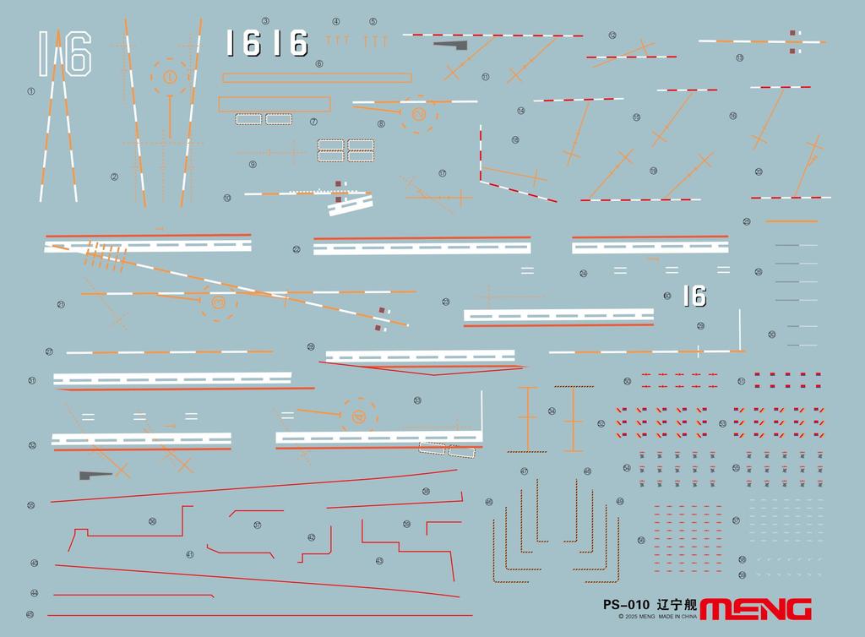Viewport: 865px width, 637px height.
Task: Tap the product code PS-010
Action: click(626, 605)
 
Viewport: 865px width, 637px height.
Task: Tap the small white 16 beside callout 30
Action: click(694, 296)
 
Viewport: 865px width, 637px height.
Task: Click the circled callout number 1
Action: click(31, 91)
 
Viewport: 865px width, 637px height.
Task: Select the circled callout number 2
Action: click(114, 177)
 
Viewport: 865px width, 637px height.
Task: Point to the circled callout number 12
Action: click(612, 35)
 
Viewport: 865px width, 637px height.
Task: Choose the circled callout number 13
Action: click(739, 58)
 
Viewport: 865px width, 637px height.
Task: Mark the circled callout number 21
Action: click(61, 304)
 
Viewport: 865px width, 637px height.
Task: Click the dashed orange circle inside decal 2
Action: click(170, 77)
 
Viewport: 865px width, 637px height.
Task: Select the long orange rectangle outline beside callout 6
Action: click(317, 78)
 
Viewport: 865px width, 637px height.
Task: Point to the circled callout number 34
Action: click(552, 411)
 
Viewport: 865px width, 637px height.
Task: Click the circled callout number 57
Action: click(736, 520)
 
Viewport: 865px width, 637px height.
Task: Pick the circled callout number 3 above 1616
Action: click(265, 20)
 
